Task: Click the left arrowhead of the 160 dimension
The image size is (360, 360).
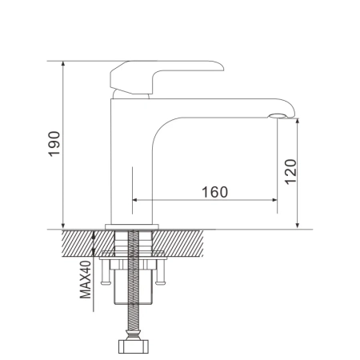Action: pyautogui.click(x=134, y=199)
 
